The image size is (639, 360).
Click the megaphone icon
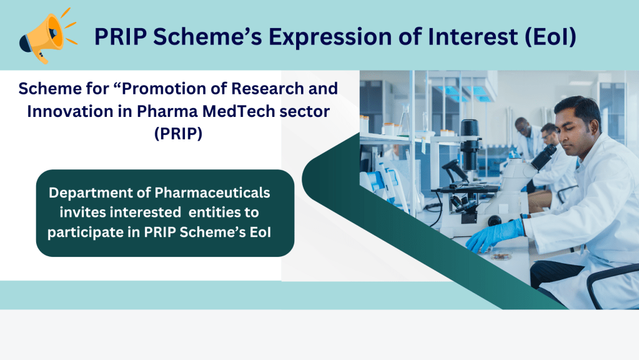(47, 37)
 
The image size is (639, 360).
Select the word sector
(304, 112)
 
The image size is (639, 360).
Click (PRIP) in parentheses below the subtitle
(179, 133)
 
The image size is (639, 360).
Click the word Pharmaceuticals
(212, 192)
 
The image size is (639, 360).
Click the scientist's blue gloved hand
(495, 235)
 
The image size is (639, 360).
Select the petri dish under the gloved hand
(501, 257)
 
